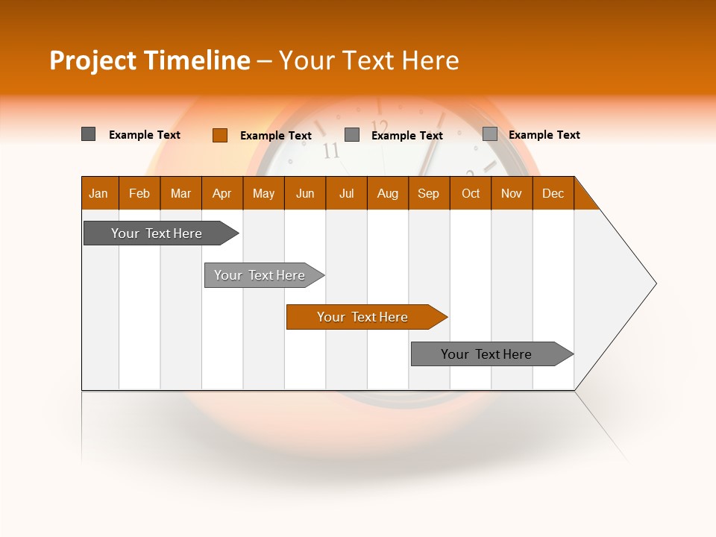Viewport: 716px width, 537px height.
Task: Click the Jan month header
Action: point(99,193)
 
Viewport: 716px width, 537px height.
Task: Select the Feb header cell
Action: point(139,193)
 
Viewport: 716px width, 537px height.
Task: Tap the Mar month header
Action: point(180,193)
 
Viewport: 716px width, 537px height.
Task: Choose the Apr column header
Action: point(222,193)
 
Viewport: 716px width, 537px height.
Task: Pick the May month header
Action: point(263,193)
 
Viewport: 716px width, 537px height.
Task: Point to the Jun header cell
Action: point(305,193)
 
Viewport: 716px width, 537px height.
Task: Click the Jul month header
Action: point(346,193)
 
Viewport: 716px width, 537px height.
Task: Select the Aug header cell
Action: point(388,193)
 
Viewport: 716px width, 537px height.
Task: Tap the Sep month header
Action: point(429,193)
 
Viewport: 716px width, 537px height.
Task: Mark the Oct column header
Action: point(471,193)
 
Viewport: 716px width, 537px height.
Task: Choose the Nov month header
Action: point(512,193)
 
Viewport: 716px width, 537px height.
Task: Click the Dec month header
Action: point(553,193)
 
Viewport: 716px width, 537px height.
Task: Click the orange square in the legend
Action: point(219,135)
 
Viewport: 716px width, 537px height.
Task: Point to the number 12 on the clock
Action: point(380,127)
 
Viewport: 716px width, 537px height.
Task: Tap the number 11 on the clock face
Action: point(331,151)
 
